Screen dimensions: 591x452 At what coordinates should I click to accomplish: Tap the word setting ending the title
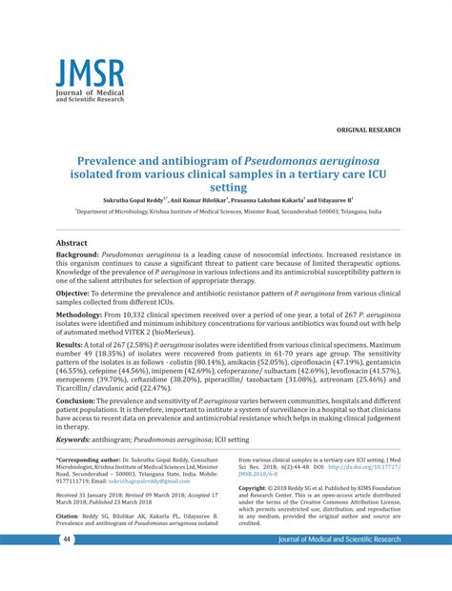(x=226, y=189)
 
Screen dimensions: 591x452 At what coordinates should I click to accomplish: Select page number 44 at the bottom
(x=41, y=566)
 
